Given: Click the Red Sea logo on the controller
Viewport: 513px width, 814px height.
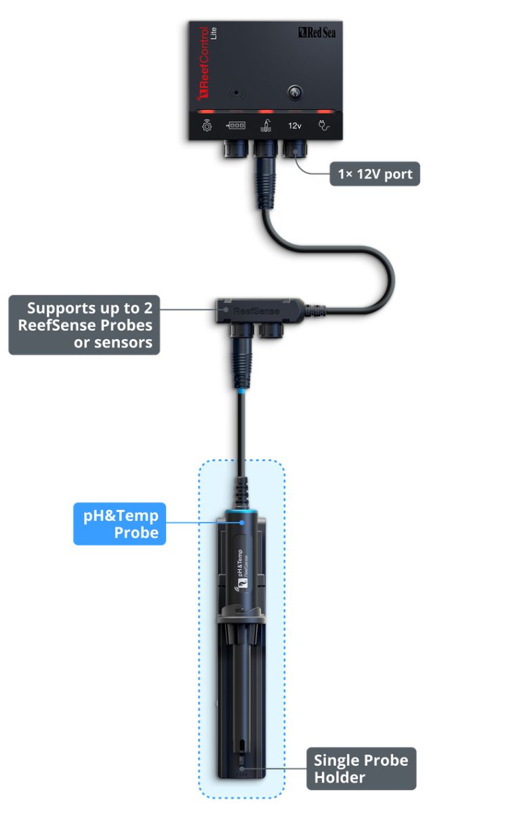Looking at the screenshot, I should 316,32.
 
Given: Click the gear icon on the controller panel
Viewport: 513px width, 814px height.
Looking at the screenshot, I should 207,125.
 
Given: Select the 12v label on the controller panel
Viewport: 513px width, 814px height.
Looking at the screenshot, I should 295,125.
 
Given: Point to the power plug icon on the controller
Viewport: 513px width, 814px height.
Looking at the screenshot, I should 324,125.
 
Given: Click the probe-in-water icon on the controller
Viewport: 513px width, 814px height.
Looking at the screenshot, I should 265,125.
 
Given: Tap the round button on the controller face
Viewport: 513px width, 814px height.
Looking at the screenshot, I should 295,92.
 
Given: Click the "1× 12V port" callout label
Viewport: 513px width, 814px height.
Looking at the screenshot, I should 375,174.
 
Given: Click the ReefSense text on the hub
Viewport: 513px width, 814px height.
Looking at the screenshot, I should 251,311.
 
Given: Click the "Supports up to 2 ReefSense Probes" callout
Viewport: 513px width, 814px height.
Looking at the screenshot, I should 85,325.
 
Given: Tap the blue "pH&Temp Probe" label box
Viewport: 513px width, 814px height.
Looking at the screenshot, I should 120,524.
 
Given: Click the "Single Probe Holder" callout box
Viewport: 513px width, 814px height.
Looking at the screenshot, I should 361,769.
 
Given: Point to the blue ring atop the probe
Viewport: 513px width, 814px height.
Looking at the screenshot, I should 242,513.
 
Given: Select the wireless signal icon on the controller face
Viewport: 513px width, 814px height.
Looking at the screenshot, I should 236,92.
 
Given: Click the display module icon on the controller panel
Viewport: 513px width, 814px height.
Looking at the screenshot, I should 236,125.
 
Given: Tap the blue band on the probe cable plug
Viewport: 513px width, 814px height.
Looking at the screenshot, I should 241,391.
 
